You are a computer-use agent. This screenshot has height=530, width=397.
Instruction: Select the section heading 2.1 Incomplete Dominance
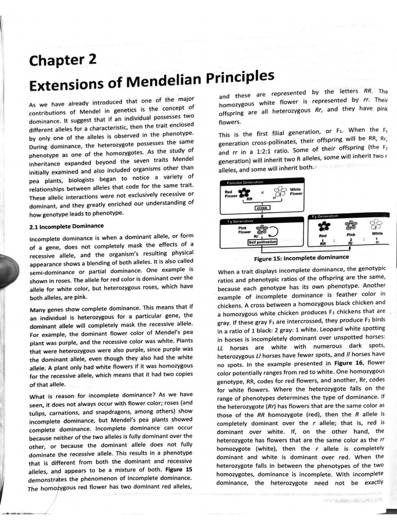67,226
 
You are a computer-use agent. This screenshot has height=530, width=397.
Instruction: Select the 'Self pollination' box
263,242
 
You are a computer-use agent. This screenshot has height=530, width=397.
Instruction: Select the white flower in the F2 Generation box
376,225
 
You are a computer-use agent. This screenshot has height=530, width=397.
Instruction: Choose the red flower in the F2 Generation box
324,226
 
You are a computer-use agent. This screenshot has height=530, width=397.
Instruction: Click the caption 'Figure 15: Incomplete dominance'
301,258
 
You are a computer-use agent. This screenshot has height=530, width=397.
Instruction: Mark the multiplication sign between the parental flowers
262,193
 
